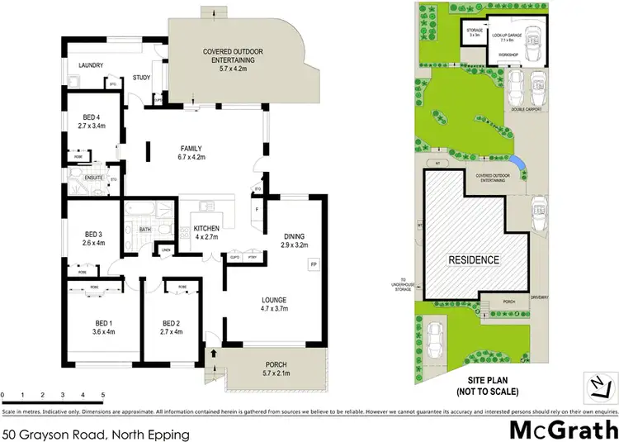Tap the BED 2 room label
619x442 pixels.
point(171,322)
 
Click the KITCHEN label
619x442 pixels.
point(205,227)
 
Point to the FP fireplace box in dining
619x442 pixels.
point(312,264)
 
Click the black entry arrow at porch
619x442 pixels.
point(215,354)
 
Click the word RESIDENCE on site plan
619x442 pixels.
point(473,259)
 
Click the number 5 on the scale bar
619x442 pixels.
point(102,395)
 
